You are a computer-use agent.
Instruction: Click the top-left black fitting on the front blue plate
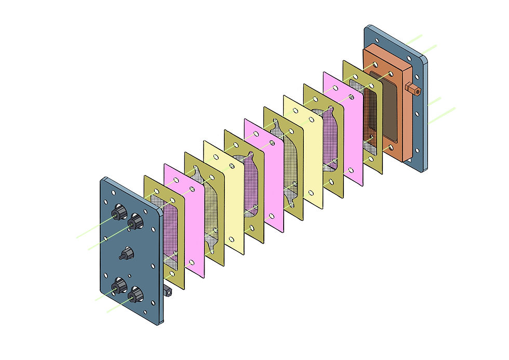click(118, 212)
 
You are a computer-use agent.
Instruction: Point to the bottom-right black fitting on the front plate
click(135, 295)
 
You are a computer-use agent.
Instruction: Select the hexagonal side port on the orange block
click(413, 88)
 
